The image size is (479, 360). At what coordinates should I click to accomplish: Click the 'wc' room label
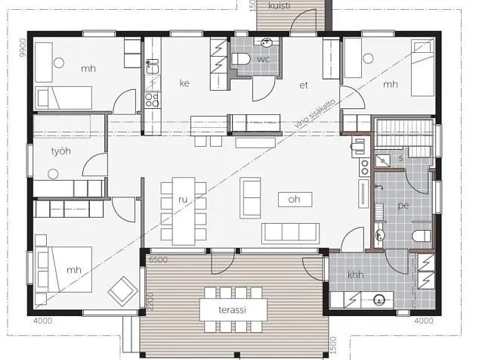click(x=264, y=59)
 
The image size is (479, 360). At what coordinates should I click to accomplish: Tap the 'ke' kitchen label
click(x=184, y=83)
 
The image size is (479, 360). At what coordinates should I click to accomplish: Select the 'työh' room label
click(x=61, y=151)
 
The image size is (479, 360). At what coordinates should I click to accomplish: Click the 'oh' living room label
click(x=294, y=200)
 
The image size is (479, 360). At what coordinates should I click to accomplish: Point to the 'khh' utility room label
click(x=356, y=275)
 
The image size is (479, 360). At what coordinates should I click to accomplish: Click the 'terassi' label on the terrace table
click(x=232, y=310)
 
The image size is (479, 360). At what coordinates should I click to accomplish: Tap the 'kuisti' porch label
click(x=280, y=5)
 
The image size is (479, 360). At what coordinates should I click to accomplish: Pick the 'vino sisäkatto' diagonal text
click(x=315, y=113)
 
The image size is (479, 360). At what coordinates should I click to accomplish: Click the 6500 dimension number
click(x=158, y=259)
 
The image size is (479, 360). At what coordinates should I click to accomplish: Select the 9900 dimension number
click(x=23, y=48)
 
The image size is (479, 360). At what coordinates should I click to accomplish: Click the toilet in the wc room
click(x=241, y=59)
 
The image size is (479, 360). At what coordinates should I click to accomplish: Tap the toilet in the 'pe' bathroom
click(x=422, y=236)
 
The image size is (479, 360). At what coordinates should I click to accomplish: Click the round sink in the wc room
click(x=267, y=42)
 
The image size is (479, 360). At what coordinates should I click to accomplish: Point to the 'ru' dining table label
click(x=183, y=200)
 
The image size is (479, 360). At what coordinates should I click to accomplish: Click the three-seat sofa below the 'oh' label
click(x=290, y=233)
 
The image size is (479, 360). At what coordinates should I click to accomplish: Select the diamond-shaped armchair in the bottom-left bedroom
click(x=123, y=291)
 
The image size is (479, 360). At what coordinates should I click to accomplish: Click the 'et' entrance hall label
click(x=304, y=85)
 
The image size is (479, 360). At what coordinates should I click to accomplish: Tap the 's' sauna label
click(x=400, y=158)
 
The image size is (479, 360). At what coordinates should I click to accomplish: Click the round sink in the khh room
click(x=379, y=299)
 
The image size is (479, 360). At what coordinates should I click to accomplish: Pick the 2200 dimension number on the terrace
click(x=150, y=302)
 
